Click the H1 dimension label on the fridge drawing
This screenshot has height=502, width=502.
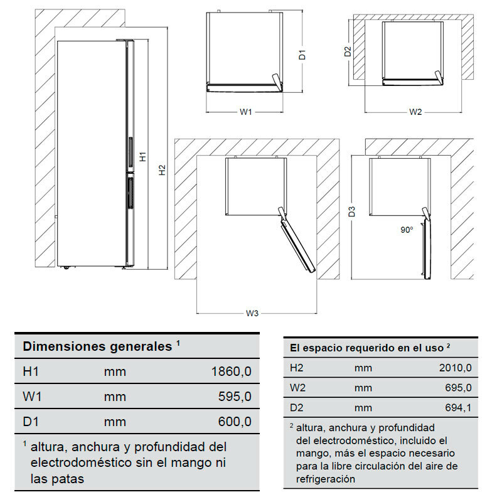[142, 157]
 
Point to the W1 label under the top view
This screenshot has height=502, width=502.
[246, 112]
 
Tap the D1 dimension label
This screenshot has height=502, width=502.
[302, 55]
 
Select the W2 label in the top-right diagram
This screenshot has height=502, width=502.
[415, 112]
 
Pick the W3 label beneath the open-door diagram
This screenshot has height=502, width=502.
[252, 313]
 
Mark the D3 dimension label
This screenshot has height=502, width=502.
[353, 211]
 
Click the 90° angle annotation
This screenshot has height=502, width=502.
[407, 230]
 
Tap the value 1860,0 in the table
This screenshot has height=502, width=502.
[231, 371]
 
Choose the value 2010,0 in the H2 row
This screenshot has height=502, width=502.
[455, 368]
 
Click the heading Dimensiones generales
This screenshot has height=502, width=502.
[97, 346]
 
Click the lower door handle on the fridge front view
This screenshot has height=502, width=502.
[131, 191]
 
